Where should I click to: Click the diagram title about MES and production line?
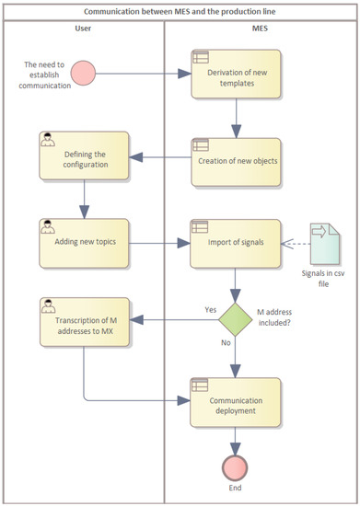click(x=180, y=12)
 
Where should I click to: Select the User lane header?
click(x=82, y=29)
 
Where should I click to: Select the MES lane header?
click(x=260, y=29)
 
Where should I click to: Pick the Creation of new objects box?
click(x=237, y=160)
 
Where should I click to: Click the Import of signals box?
click(x=237, y=243)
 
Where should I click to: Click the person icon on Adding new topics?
click(x=47, y=225)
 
